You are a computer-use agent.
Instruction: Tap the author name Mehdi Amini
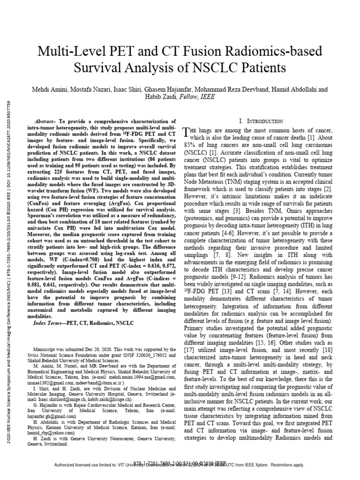tap(48, 89)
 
